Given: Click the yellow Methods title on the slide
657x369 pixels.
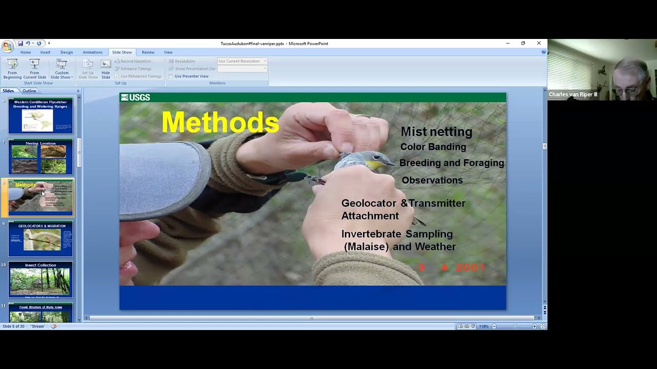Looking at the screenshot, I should (220, 122).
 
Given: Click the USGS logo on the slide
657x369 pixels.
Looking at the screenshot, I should (136, 97).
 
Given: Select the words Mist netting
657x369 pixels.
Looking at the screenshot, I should (436, 132).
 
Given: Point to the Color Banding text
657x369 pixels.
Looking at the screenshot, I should (433, 147).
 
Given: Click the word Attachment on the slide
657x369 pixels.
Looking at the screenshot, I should (370, 216).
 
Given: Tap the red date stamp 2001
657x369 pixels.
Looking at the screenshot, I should (470, 267).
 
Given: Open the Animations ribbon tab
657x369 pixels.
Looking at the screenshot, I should (92, 52).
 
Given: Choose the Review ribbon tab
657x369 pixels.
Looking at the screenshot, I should (148, 52).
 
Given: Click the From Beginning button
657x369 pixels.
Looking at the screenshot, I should (12, 68).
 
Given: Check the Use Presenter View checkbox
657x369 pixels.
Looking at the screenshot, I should (171, 76).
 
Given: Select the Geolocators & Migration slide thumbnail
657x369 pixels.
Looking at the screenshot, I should (41, 238).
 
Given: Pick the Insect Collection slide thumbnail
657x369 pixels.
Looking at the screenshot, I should (41, 279).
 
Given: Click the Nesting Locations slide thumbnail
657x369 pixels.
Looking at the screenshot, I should (41, 156).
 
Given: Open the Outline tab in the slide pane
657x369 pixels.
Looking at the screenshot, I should (29, 91).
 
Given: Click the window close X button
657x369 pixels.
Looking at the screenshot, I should (538, 44).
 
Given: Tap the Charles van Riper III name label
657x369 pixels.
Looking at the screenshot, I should (573, 94).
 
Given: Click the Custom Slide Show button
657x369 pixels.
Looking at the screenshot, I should (62, 68).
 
